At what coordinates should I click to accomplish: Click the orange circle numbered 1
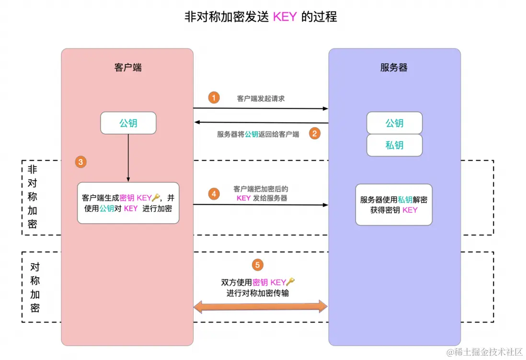(214, 98)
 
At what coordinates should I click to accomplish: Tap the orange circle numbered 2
(314, 134)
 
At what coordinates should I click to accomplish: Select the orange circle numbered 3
(80, 162)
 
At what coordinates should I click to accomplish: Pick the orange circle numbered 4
(214, 194)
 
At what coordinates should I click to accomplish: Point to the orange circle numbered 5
(258, 265)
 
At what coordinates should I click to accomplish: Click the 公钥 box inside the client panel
(128, 123)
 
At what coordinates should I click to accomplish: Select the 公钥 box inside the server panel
(394, 123)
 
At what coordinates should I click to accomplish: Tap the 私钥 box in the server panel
(394, 145)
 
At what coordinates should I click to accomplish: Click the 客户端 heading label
(128, 68)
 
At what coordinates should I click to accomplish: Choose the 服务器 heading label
(394, 68)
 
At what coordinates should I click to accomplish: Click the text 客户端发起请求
(261, 98)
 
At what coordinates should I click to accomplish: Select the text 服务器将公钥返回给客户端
(258, 134)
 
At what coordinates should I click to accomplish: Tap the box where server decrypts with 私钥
(394, 205)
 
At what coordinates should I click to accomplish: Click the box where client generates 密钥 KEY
(128, 203)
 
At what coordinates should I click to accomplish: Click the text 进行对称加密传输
(257, 293)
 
